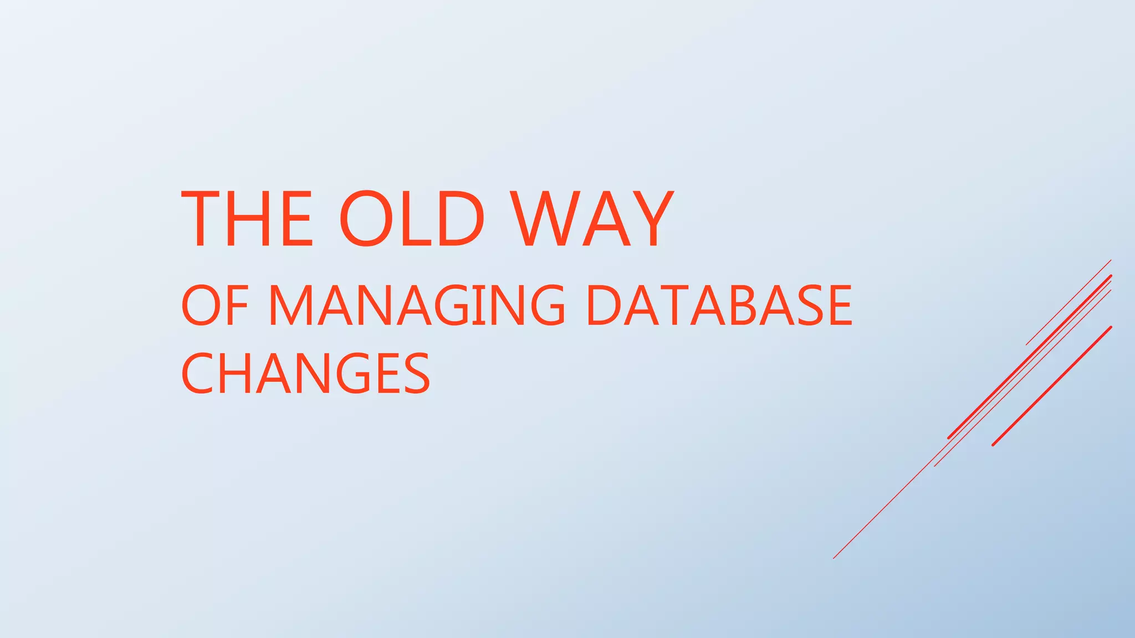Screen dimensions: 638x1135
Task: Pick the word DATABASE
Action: coord(719,305)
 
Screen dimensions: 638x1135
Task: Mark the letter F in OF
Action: coord(236,305)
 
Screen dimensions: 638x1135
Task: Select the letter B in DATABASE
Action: coord(745,305)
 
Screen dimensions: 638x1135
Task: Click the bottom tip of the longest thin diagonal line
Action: coord(834,558)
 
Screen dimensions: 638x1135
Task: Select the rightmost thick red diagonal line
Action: coord(1052,386)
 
